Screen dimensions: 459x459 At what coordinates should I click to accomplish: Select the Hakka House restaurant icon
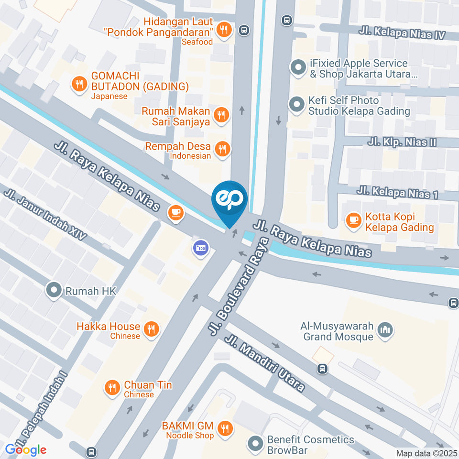[152, 328]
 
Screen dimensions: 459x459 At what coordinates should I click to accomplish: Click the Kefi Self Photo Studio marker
[297, 104]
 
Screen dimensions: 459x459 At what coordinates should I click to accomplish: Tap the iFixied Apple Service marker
[298, 67]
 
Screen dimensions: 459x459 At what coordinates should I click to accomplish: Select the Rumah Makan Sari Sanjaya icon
[221, 115]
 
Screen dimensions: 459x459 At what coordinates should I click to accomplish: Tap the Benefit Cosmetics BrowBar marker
[255, 444]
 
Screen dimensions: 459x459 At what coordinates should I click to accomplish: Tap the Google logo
[26, 449]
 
